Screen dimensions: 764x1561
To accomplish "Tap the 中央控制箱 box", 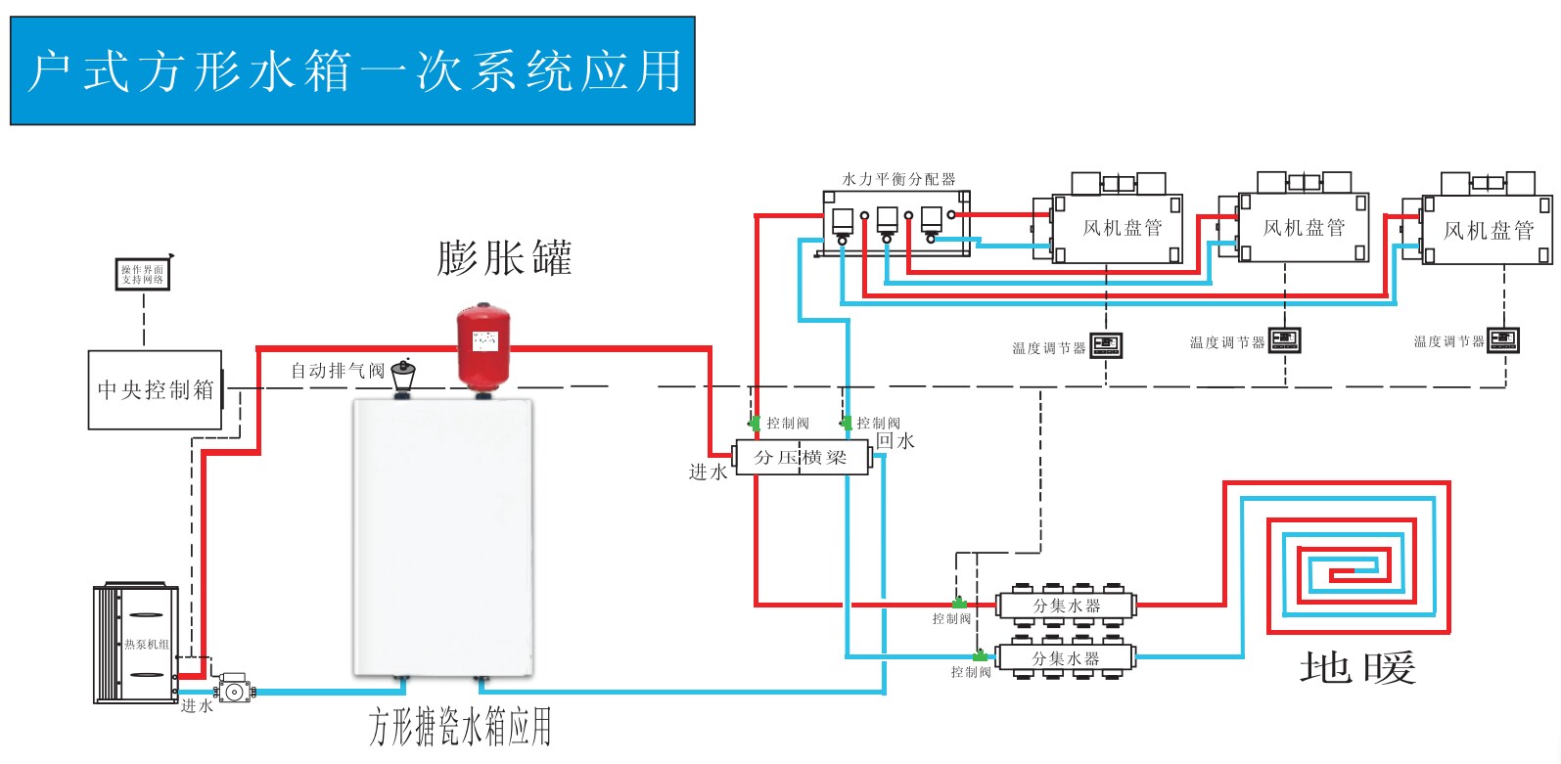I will click(155, 389).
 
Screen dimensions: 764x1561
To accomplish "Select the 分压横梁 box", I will click(801, 457).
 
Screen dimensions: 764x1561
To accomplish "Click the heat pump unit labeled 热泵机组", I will click(135, 643).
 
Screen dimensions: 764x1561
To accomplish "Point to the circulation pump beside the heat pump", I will click(234, 688).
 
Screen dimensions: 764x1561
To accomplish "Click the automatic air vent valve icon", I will click(402, 376).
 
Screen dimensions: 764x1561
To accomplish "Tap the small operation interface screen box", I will click(143, 274).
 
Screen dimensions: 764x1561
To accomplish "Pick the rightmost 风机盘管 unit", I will click(1488, 230).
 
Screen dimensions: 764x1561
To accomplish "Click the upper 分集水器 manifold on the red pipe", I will click(1066, 606).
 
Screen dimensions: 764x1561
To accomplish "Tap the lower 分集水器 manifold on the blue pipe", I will click(1066, 658).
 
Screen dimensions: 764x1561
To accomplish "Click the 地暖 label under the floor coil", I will click(1357, 668).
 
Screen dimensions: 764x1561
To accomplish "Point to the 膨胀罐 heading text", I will click(503, 258).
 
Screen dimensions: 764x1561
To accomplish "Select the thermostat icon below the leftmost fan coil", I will click(1106, 344).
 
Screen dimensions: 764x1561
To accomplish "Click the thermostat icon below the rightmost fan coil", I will click(1502, 339).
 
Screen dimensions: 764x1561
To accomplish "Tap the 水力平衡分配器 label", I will click(898, 179).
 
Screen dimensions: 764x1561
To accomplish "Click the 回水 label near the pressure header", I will click(895, 440).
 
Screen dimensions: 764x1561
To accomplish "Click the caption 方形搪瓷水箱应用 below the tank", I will click(460, 727).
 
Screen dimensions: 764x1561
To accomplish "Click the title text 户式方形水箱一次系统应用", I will click(352, 71).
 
